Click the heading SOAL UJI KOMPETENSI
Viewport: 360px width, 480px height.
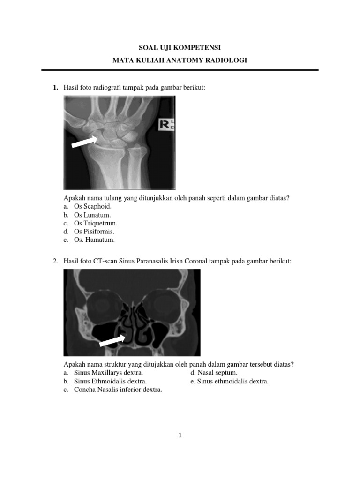tap(180, 48)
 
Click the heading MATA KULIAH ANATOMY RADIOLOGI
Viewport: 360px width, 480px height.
tap(180, 60)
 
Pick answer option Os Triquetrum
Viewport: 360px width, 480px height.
tap(96, 223)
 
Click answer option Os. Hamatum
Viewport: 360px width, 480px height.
tap(94, 240)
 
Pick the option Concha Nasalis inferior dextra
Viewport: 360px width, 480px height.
tap(118, 390)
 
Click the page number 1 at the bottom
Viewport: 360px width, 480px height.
tap(180, 435)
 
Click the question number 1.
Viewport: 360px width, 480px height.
tap(55, 88)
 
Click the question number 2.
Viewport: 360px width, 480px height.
tap(55, 261)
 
